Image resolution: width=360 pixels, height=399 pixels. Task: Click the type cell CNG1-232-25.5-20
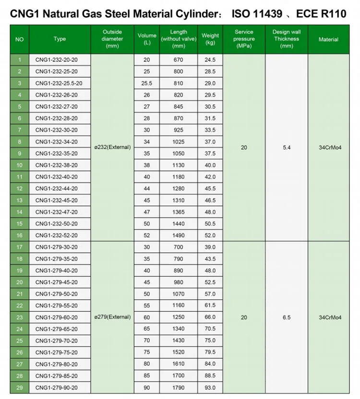(59, 83)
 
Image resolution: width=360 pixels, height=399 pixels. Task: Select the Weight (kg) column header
(210, 39)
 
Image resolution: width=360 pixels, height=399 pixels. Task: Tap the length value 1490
(178, 235)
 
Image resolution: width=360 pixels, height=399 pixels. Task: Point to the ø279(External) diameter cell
(112, 317)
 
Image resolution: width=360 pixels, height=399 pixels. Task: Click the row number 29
(19, 387)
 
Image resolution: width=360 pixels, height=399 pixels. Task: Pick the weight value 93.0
(210, 387)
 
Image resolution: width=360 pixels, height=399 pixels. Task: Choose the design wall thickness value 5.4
(287, 148)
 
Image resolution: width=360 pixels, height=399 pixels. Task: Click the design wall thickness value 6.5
(287, 317)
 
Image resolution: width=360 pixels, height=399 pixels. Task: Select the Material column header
(328, 39)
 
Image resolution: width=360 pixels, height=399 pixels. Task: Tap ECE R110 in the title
(321, 13)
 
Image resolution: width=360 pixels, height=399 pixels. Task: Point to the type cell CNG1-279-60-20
(56, 317)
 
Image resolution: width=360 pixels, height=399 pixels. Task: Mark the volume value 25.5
(146, 83)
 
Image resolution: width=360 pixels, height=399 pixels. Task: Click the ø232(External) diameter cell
(112, 147)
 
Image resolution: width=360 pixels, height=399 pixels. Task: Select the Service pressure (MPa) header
(244, 39)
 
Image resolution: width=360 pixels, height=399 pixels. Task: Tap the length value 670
(178, 60)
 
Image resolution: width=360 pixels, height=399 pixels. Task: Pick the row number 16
(19, 235)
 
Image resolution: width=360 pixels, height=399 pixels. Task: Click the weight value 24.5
(210, 60)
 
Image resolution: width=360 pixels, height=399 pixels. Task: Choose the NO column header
(19, 39)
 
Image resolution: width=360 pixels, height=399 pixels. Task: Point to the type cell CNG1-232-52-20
(56, 235)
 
